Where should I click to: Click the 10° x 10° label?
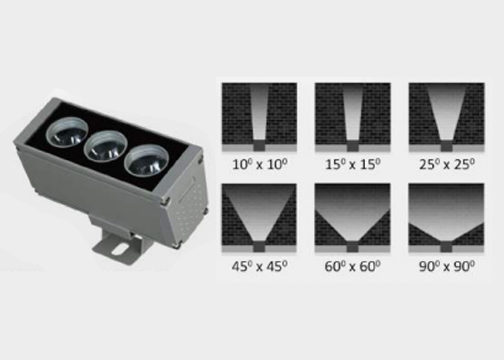pyautogui.click(x=259, y=165)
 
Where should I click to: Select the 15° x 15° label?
pyautogui.click(x=353, y=165)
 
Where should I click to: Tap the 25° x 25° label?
pyautogui.click(x=447, y=165)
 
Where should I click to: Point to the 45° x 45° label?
pyautogui.click(x=259, y=266)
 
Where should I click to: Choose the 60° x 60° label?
pyautogui.click(x=353, y=266)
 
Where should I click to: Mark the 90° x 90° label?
pyautogui.click(x=447, y=266)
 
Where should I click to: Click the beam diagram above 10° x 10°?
pyautogui.click(x=259, y=117)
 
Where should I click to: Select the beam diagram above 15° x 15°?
pyautogui.click(x=353, y=117)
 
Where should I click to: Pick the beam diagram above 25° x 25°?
pyautogui.click(x=446, y=117)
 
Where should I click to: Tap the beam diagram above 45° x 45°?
pyautogui.click(x=259, y=218)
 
